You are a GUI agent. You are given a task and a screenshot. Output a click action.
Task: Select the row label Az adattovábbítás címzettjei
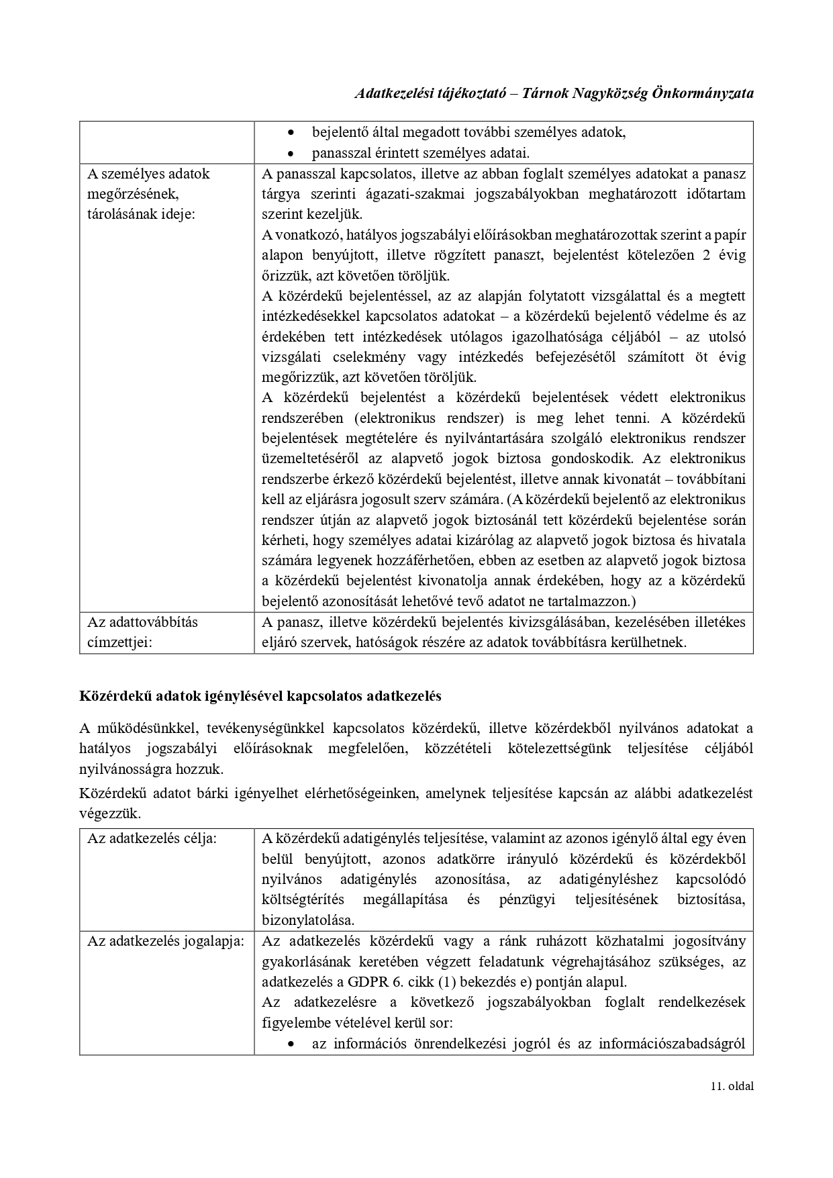[x=142, y=632]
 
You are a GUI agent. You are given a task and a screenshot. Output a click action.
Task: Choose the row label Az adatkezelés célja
[x=152, y=838]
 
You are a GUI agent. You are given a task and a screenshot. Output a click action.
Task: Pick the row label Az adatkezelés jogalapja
[x=165, y=941]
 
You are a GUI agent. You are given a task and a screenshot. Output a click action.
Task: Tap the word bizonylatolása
[x=307, y=920]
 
